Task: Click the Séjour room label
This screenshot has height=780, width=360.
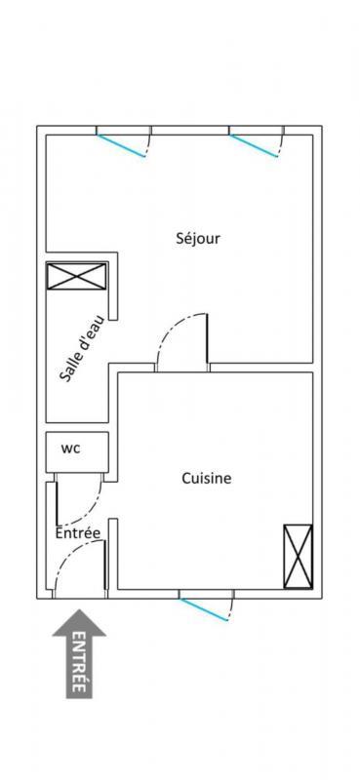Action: [197, 238]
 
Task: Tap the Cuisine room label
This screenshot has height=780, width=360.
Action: [206, 479]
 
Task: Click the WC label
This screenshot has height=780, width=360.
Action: [71, 449]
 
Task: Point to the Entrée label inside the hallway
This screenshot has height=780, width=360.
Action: [77, 533]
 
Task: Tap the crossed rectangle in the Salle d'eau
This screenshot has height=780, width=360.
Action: [75, 276]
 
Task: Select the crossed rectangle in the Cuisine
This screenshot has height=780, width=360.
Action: [298, 557]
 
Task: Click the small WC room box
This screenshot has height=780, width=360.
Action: [76, 450]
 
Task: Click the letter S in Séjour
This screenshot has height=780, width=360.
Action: [180, 238]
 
